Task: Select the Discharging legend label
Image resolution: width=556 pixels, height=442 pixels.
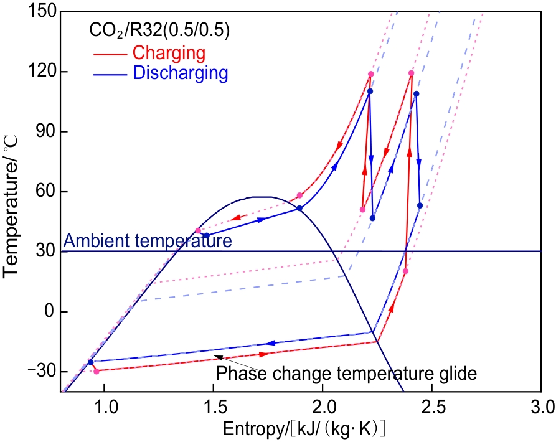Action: click(x=181, y=73)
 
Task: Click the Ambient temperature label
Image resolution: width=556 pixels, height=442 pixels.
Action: click(x=148, y=241)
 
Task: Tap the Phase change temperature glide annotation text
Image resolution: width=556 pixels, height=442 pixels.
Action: click(x=346, y=374)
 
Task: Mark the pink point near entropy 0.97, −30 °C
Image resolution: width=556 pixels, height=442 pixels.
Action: click(x=97, y=371)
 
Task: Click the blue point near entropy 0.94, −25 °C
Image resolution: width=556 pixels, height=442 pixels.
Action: click(x=90, y=362)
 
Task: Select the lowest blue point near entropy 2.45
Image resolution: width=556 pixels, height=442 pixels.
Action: click(x=420, y=205)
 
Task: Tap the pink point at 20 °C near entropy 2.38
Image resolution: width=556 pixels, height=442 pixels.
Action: click(x=406, y=271)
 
